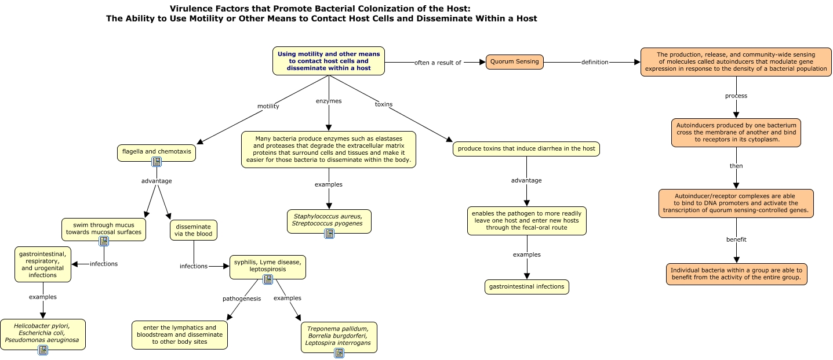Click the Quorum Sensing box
(x=514, y=61)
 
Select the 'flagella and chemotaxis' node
(x=156, y=152)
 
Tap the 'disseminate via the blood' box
(x=194, y=230)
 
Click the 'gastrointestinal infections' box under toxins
(x=526, y=287)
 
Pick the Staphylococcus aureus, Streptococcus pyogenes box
(x=329, y=221)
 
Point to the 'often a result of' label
(x=438, y=63)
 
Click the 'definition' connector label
(x=595, y=62)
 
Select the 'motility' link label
(x=268, y=106)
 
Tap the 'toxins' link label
(x=383, y=104)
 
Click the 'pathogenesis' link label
(x=242, y=299)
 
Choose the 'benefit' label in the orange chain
(x=736, y=239)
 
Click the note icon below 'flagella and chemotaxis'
(x=157, y=162)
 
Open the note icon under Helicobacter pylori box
(x=43, y=350)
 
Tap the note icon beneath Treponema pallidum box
(x=339, y=353)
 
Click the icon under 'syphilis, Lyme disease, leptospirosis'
(x=268, y=279)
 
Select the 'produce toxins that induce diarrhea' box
(x=526, y=149)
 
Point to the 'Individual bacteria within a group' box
(x=736, y=274)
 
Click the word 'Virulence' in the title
(x=190, y=9)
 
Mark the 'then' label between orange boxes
(x=736, y=166)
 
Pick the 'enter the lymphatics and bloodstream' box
(x=180, y=335)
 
